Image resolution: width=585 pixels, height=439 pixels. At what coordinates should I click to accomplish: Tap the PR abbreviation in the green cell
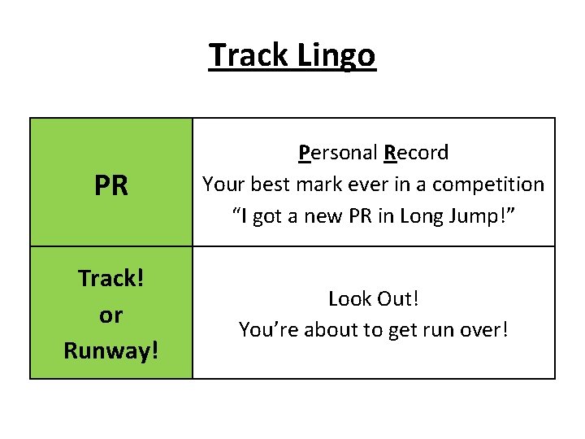point(111,186)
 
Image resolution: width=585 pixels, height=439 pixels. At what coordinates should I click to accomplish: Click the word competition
point(488,185)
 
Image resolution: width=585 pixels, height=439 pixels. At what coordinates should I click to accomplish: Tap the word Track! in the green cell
point(110,279)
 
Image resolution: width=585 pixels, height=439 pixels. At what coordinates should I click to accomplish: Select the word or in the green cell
point(110,315)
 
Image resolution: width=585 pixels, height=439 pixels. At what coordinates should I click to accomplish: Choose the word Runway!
point(110,351)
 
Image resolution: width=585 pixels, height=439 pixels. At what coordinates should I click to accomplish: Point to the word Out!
point(398,298)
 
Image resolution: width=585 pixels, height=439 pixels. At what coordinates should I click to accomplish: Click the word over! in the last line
point(484,330)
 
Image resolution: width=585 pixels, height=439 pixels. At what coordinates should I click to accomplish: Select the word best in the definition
point(275,185)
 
